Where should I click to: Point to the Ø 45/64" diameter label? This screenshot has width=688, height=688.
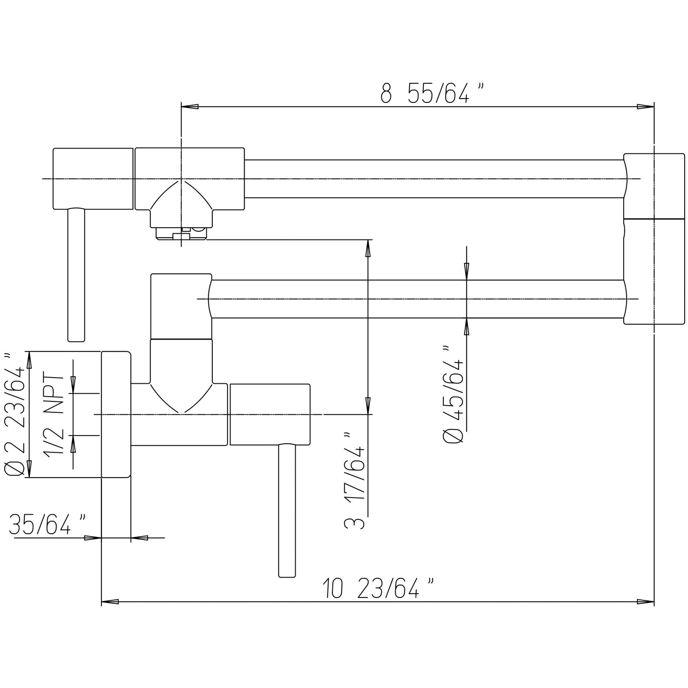453,395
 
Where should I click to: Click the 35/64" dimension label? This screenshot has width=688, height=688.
47,525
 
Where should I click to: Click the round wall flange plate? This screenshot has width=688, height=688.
116,415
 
